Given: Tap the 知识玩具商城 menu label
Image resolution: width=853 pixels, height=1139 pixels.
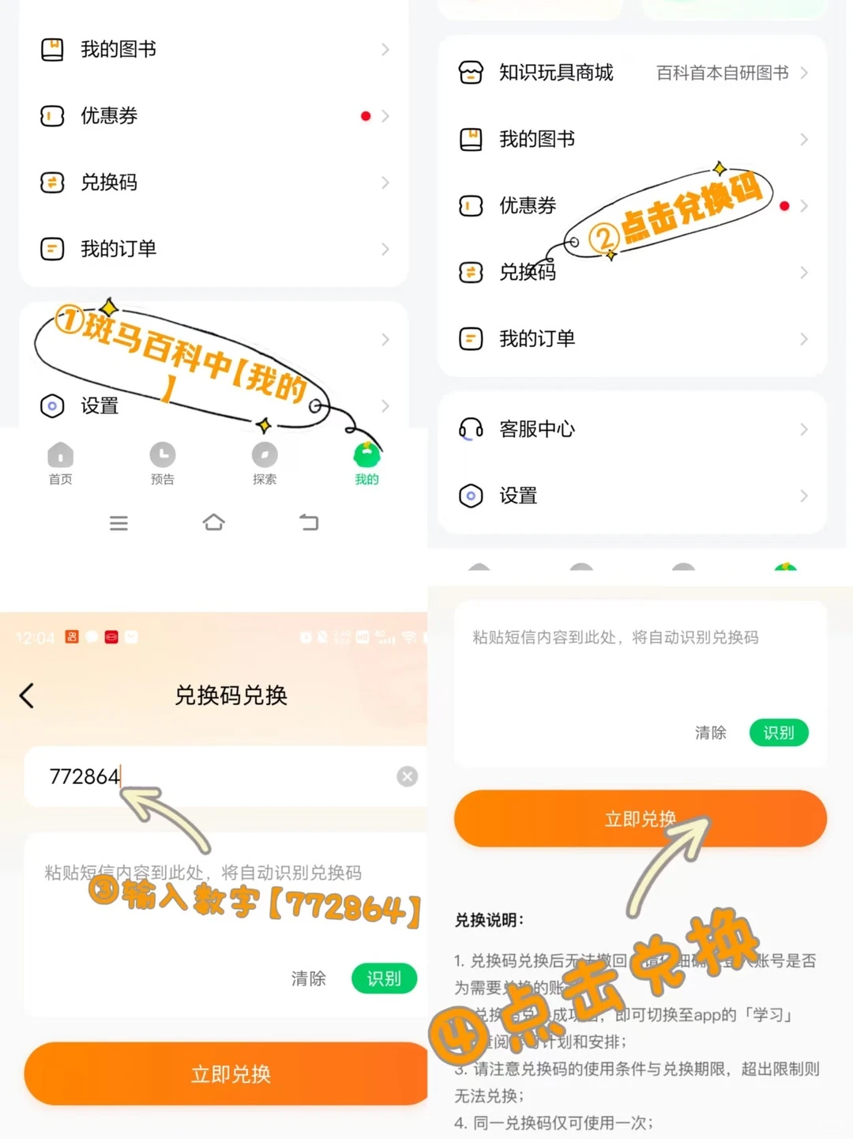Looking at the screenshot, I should point(556,73).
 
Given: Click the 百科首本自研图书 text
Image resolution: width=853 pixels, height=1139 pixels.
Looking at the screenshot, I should point(722,73).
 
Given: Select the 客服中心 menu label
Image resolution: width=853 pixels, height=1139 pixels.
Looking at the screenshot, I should point(537,429).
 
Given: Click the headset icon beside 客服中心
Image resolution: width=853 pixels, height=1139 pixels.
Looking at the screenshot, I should point(471,429).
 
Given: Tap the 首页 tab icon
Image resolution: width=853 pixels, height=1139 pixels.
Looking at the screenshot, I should point(60,455).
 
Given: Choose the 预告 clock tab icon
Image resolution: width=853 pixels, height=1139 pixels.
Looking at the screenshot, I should point(162,454).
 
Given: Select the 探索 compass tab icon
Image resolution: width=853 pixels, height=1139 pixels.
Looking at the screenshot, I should point(264,454).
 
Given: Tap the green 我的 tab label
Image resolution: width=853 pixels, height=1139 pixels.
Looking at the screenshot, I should point(366,479).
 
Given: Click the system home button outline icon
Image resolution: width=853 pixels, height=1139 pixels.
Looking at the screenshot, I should point(213,522).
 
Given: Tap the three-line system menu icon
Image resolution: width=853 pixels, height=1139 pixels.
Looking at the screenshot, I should point(118,523).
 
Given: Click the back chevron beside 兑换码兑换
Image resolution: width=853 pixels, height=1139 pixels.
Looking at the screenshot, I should point(27,696).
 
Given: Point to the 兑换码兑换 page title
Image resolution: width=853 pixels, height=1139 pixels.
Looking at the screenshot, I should point(231,696).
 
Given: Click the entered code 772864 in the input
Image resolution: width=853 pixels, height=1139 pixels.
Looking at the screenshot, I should point(84,776).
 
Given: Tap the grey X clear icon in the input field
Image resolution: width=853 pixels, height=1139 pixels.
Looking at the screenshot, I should point(407,776).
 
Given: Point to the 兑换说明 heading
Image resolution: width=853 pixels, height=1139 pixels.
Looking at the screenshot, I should point(489,920).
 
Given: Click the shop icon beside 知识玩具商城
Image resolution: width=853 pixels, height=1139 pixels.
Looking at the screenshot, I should point(471,73).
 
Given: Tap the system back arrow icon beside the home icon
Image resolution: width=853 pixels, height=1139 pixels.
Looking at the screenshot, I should point(309,522).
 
